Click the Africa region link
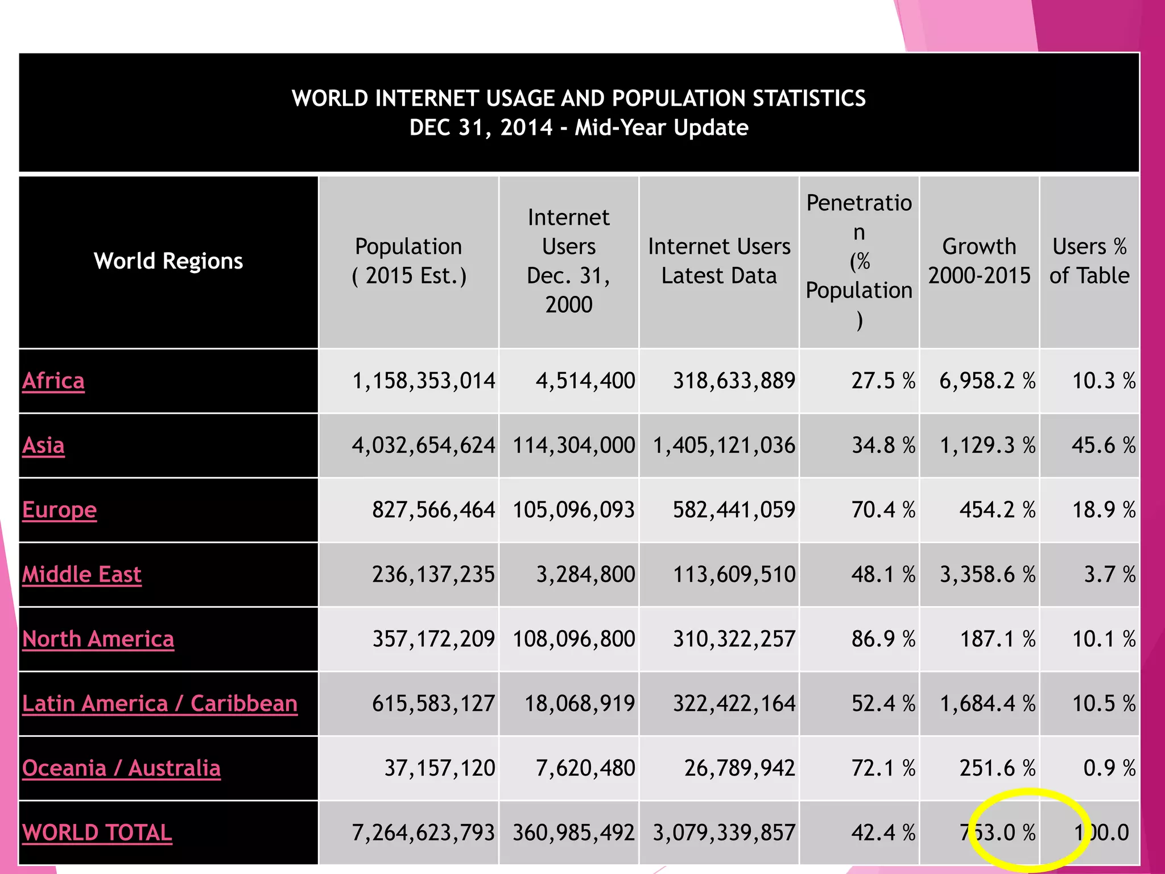pos(53,381)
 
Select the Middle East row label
pos(82,575)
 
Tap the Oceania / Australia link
pos(121,768)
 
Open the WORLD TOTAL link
pos(97,833)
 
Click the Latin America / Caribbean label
pos(160,704)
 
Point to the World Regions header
pos(168,261)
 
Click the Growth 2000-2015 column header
pos(979,261)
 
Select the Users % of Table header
pos(1089,261)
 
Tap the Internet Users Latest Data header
pos(719,261)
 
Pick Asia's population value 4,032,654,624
pos(423,446)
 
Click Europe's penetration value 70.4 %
pos(883,510)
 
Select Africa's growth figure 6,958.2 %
pos(987,381)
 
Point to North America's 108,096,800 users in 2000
pos(573,639)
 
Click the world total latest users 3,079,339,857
pos(724,833)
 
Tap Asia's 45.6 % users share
pos(1104,446)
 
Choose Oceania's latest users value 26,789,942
pos(740,768)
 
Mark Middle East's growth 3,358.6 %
pos(987,575)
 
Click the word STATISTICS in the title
pos(809,98)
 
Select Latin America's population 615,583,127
pos(433,704)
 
